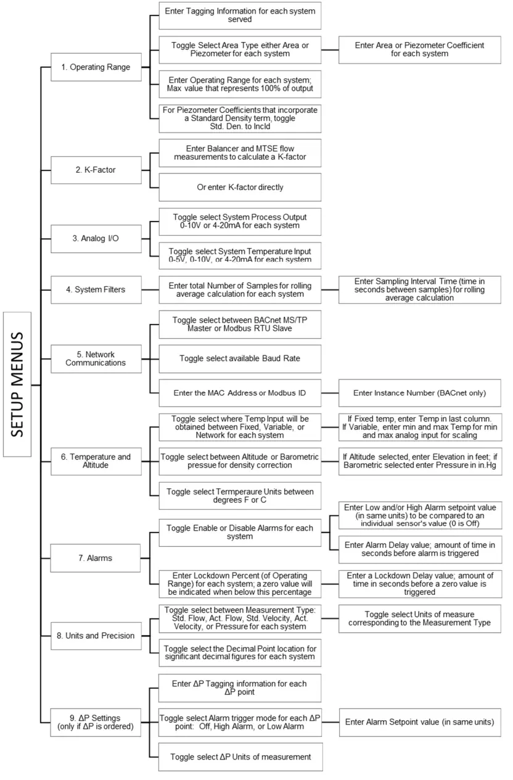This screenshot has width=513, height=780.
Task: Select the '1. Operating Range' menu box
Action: (96, 67)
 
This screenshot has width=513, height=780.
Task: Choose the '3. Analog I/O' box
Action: (96, 238)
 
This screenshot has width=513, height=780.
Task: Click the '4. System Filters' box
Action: (96, 289)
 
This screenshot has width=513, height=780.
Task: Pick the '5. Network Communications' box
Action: (96, 359)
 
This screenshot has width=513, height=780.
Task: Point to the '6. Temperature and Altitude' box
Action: (96, 461)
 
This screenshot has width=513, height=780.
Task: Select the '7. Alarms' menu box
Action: (96, 558)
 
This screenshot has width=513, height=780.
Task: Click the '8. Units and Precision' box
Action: (96, 636)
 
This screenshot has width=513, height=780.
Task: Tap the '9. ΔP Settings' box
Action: (96, 721)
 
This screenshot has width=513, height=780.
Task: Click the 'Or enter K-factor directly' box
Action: (240, 187)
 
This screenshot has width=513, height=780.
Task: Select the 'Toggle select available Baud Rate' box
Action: (240, 358)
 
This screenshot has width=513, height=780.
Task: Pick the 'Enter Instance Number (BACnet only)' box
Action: (419, 392)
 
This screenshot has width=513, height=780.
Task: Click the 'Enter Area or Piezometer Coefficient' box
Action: (419, 49)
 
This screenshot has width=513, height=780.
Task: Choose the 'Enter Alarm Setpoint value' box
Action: (419, 721)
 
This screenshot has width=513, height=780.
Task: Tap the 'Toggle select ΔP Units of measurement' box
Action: (240, 757)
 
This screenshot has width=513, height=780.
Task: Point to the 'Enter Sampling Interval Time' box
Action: (419, 289)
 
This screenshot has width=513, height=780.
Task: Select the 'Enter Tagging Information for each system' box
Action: (240, 15)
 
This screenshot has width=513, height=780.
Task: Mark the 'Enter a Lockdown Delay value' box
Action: (419, 583)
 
